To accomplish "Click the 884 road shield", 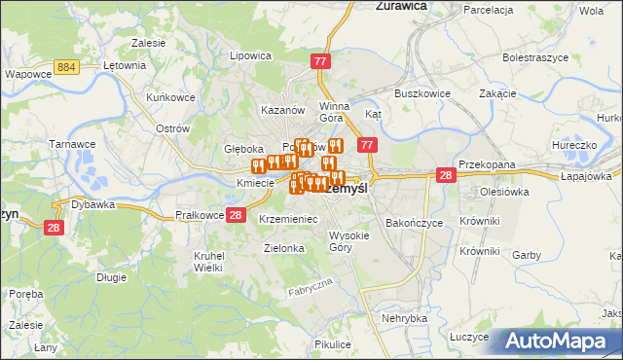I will [x=67, y=66].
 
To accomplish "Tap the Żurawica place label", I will [x=402, y=6].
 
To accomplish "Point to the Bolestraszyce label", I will [x=535, y=58].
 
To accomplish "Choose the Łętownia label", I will [x=125, y=66].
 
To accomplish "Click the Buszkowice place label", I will [x=420, y=93].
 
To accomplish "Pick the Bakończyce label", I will [x=414, y=223].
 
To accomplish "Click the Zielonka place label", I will [x=284, y=248].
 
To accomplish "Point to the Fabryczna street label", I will [x=311, y=287].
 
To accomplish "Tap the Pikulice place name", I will [x=332, y=344].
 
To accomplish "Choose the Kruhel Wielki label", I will [x=208, y=261].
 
